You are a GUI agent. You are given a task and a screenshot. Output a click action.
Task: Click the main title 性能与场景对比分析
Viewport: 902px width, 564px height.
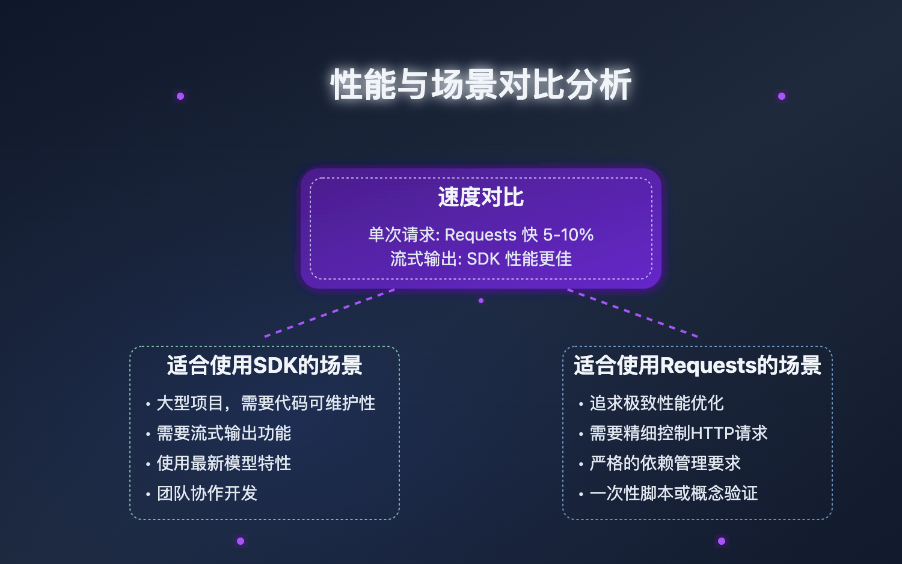(x=480, y=84)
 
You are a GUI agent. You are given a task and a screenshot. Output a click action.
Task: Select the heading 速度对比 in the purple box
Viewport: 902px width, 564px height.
(x=480, y=197)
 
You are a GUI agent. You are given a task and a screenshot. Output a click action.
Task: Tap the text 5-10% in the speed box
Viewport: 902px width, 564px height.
(x=568, y=234)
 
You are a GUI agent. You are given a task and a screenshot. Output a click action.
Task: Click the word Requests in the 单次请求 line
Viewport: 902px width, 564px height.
(x=480, y=234)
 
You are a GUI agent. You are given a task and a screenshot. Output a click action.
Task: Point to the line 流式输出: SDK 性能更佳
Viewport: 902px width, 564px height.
(x=480, y=259)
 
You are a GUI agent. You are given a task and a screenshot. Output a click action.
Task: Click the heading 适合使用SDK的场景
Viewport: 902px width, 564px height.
(x=265, y=366)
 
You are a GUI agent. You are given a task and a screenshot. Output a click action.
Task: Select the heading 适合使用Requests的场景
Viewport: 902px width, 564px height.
(x=698, y=366)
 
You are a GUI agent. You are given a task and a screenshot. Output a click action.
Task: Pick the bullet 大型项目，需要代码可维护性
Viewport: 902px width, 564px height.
(x=266, y=403)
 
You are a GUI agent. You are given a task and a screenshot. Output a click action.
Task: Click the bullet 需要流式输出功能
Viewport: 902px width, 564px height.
(x=224, y=433)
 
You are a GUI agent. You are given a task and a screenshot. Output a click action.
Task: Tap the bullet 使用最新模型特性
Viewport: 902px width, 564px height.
(x=224, y=463)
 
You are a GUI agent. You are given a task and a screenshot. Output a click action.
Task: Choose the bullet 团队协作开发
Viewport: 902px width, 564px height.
(x=207, y=493)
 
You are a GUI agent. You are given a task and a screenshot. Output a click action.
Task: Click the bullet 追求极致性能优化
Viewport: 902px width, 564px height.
(x=656, y=403)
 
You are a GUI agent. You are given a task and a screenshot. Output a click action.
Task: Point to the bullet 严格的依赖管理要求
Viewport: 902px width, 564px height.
(x=664, y=463)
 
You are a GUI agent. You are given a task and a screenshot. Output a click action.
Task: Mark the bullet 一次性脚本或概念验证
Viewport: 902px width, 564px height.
(x=673, y=493)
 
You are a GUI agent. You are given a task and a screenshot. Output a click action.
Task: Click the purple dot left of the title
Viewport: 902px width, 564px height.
(x=180, y=96)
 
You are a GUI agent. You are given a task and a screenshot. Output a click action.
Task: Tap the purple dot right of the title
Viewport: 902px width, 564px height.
(x=782, y=96)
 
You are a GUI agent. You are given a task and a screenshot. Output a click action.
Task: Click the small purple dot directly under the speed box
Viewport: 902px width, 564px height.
(x=481, y=301)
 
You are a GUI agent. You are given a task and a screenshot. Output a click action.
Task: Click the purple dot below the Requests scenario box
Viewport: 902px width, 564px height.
(x=722, y=541)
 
